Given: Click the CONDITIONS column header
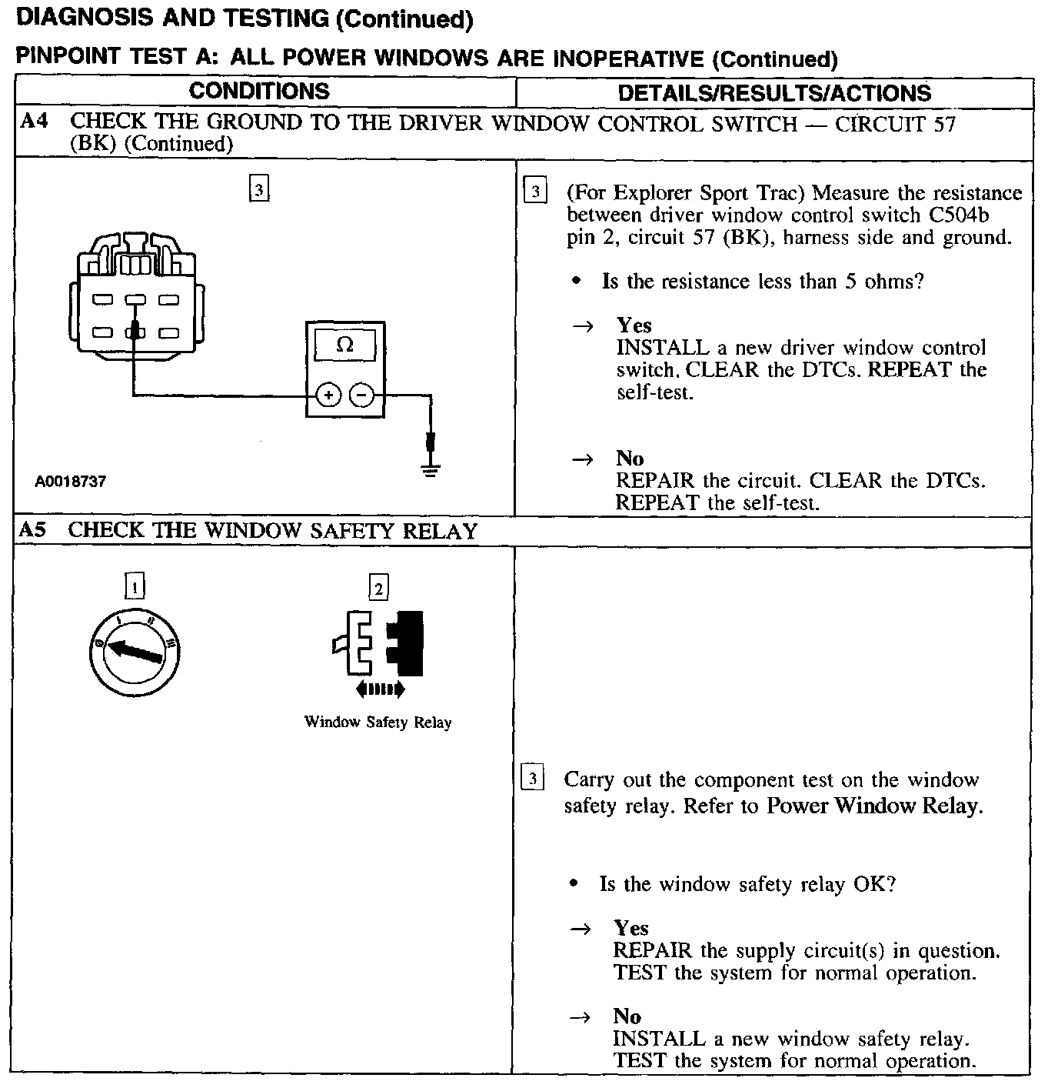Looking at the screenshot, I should (x=259, y=91).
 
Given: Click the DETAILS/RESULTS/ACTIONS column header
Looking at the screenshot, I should (x=774, y=93).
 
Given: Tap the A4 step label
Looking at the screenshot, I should (x=33, y=122).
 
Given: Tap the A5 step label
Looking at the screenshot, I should (x=33, y=530).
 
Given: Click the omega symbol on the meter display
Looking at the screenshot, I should (x=345, y=345).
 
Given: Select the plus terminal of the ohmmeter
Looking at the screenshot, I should (x=328, y=395).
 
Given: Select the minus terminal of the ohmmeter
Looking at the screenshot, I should (x=361, y=395).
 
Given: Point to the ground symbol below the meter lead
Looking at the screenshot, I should (x=431, y=469).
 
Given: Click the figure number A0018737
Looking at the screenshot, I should (x=70, y=482).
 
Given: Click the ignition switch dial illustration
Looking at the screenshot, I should (x=135, y=653).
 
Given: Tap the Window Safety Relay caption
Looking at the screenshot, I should (x=378, y=723).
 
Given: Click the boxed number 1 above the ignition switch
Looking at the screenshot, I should (x=135, y=587).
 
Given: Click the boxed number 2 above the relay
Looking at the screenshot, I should (x=378, y=589).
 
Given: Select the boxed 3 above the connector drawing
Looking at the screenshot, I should (x=260, y=189).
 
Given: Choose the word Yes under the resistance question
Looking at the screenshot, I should (x=634, y=325).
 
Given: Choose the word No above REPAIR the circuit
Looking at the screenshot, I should (x=630, y=459).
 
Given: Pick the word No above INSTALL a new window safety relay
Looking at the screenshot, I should (x=627, y=1016).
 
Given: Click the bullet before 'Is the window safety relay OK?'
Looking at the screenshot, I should (x=574, y=884).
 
